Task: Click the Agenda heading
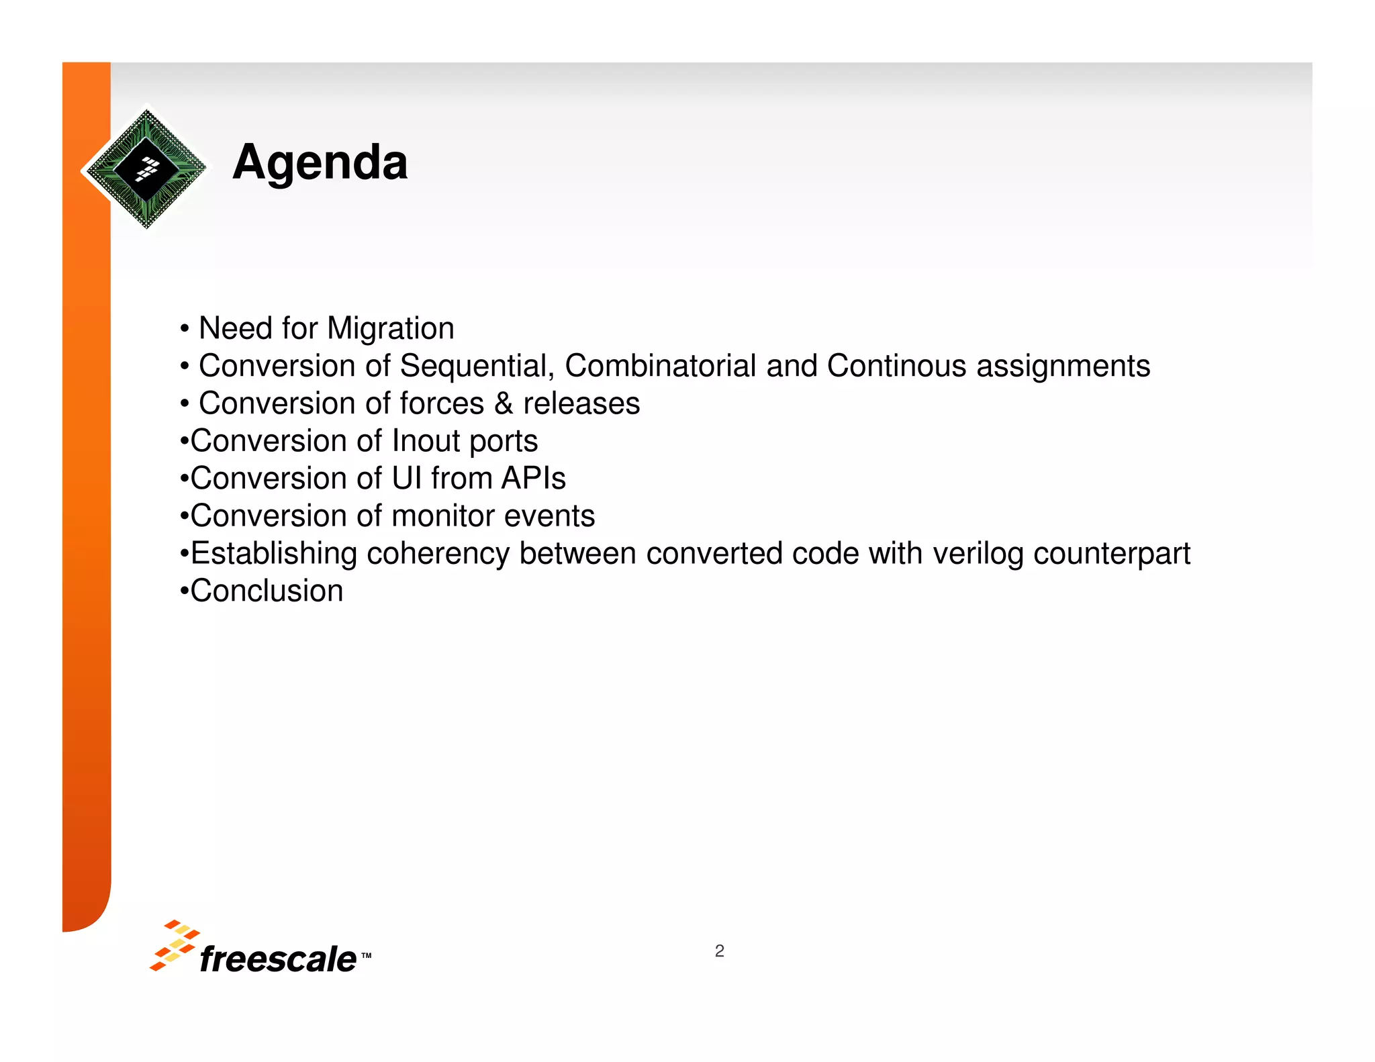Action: click(320, 163)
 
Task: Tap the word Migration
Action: click(390, 329)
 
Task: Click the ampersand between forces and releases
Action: click(504, 404)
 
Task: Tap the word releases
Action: click(581, 404)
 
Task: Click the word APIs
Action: click(534, 479)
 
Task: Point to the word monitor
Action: click(442, 516)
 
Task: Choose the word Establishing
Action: click(274, 554)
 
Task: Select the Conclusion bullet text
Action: click(267, 591)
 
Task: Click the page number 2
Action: click(719, 951)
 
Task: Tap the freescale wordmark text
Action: click(278, 959)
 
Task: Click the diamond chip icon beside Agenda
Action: click(146, 168)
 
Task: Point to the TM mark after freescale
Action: click(366, 955)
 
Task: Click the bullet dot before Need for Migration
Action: click(184, 330)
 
